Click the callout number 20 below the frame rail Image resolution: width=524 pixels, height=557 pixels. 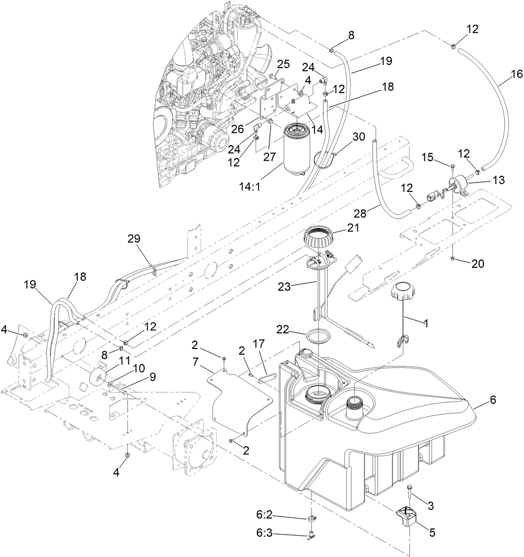click(x=477, y=264)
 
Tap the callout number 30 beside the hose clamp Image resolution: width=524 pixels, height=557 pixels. click(x=358, y=137)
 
